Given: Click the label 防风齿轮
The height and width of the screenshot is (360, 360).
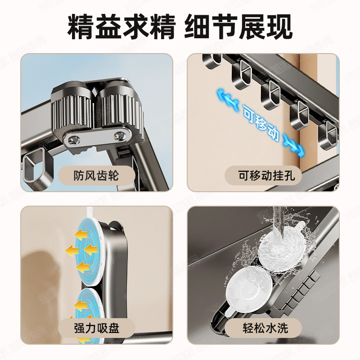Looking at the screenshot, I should (x=96, y=175).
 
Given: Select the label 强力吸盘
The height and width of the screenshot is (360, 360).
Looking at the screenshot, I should (x=96, y=328).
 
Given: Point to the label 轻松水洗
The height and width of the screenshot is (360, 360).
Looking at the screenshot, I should (x=263, y=328).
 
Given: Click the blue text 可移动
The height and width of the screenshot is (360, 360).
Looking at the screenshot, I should (x=261, y=122).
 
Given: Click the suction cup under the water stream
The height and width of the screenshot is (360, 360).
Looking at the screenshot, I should (x=281, y=250).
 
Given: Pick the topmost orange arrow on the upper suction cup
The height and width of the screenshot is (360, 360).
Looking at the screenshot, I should (x=81, y=234).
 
